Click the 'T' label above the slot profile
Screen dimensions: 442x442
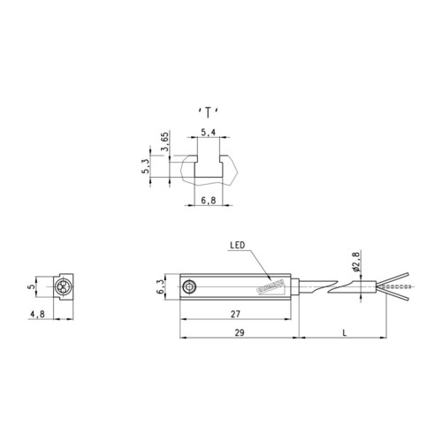208,113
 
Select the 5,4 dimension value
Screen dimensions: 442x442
209,133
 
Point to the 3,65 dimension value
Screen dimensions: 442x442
165,141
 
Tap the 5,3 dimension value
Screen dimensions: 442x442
146,165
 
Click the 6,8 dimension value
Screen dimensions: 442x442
209,201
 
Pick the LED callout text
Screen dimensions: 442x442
237,245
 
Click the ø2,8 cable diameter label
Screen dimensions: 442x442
356,262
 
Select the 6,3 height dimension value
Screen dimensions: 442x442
160,287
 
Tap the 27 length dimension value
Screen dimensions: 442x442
235,314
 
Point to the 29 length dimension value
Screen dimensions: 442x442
240,332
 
